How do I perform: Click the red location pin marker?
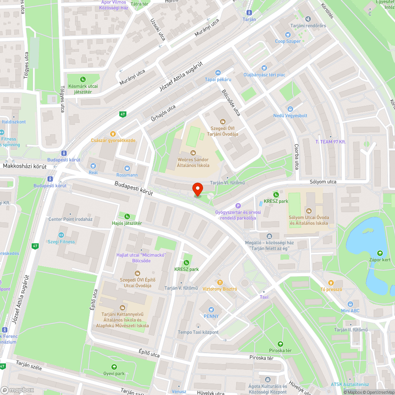(197, 189)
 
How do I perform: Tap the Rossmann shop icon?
(127, 168)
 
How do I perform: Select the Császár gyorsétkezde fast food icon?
(113, 134)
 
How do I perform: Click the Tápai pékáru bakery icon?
(218, 73)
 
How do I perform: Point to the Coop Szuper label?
(288, 41)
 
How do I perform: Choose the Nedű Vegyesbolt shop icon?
(290, 109)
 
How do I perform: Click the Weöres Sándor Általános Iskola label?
(193, 162)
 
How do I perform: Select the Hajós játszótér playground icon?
(127, 216)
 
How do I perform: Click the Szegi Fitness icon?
(61, 235)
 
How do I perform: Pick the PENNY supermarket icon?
(211, 309)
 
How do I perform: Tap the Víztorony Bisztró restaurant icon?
(220, 282)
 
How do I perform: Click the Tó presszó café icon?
(331, 282)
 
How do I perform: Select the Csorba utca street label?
(297, 156)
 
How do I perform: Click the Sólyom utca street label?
(323, 182)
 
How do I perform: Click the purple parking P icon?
(238, 205)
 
